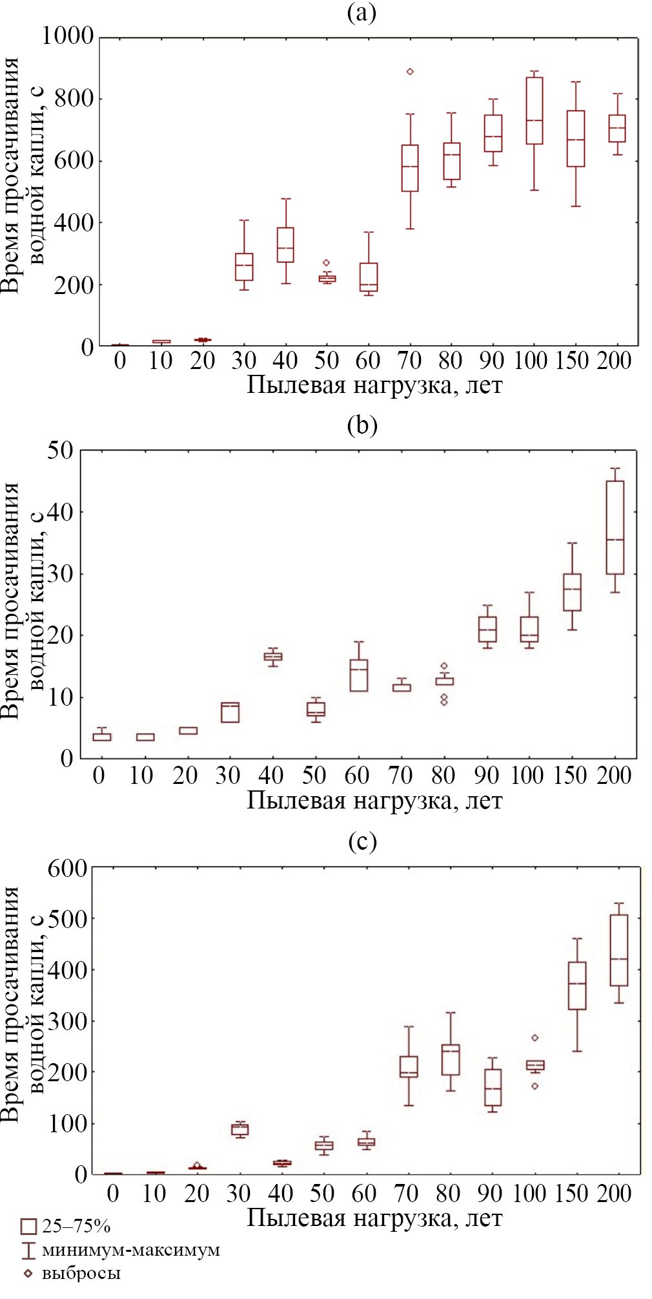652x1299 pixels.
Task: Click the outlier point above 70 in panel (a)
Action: [410, 72]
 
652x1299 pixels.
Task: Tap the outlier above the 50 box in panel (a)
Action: [327, 262]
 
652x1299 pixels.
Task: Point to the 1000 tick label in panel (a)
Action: [68, 36]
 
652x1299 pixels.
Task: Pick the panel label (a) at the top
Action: [362, 13]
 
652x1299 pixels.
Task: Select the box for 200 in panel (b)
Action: [615, 527]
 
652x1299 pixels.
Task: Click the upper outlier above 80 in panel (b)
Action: [444, 666]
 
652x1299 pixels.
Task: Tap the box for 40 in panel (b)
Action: [273, 657]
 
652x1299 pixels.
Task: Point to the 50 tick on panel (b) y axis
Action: [60, 450]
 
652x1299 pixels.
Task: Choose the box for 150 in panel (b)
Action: [572, 592]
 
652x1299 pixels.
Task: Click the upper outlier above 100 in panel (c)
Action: [535, 1038]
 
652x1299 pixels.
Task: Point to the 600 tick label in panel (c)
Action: [67, 868]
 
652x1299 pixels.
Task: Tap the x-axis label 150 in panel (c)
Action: [573, 1192]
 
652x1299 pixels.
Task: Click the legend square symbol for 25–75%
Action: [28, 1226]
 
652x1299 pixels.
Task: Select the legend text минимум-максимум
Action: [131, 1250]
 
